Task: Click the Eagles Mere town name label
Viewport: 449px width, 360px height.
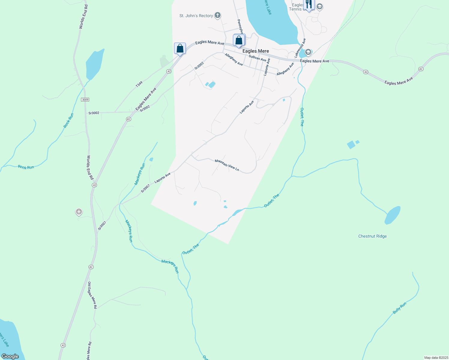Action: point(256,51)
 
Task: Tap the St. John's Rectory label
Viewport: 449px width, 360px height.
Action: point(196,16)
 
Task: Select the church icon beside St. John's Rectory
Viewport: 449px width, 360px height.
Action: point(218,15)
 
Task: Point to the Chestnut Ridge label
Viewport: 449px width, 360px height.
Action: point(372,236)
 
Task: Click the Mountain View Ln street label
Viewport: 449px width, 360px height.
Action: point(227,165)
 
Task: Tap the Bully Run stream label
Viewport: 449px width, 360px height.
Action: point(399,308)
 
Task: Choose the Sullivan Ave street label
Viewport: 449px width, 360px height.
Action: point(257,58)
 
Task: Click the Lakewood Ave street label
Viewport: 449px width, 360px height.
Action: point(300,48)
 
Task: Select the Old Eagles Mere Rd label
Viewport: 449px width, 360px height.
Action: point(92,295)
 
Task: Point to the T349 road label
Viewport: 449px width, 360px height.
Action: point(139,84)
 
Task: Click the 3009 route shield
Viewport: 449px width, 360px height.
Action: point(85,99)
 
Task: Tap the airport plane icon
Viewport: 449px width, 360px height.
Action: point(79,212)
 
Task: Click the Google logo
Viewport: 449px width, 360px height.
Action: point(10,356)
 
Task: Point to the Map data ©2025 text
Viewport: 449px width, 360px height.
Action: point(436,358)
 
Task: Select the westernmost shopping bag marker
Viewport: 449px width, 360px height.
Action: point(180,48)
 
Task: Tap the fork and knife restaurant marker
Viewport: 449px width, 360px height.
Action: point(309,4)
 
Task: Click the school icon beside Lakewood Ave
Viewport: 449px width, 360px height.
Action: point(308,52)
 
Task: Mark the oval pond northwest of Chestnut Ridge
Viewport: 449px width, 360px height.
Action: point(393,215)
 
